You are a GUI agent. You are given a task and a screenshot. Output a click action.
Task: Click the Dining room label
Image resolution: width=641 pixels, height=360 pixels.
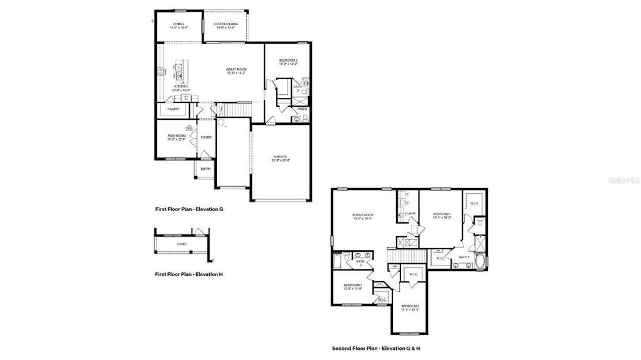pyautogui.click(x=178, y=24)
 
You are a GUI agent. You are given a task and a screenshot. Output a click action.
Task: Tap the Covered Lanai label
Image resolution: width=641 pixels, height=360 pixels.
pyautogui.click(x=225, y=24)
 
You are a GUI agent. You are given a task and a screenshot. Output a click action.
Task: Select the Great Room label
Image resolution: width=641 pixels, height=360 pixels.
pyautogui.click(x=236, y=69)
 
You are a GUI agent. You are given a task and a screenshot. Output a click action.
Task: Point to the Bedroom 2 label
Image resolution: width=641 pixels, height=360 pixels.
pyautogui.click(x=288, y=61)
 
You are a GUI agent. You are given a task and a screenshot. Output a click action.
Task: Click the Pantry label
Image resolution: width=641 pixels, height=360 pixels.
pyautogui.click(x=173, y=109)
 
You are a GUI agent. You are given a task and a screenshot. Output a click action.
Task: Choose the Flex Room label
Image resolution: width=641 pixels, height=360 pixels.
pyautogui.click(x=176, y=136)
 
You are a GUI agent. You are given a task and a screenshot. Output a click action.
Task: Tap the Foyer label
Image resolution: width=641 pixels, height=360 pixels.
pyautogui.click(x=206, y=137)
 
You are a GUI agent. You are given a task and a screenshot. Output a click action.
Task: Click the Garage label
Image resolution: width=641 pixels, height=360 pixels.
pyautogui.click(x=280, y=156)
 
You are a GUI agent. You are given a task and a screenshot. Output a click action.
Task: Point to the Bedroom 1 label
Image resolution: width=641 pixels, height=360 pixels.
pyautogui.click(x=442, y=214)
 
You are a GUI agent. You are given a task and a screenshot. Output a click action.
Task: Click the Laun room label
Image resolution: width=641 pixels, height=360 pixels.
pyautogui.click(x=411, y=213)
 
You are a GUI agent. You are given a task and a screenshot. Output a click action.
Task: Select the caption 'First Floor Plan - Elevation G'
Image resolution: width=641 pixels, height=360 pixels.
pyautogui.click(x=189, y=209)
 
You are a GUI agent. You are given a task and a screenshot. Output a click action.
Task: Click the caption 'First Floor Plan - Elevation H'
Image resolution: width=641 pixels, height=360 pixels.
pyautogui.click(x=189, y=274)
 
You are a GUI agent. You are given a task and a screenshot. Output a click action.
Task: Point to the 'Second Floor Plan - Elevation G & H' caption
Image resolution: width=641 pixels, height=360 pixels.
pyautogui.click(x=383, y=348)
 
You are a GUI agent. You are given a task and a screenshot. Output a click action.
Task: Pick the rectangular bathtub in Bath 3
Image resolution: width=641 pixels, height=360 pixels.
pyautogui.click(x=337, y=261)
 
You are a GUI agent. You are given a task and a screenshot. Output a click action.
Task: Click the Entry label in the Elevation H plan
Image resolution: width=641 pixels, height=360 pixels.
pyautogui.click(x=181, y=244)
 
